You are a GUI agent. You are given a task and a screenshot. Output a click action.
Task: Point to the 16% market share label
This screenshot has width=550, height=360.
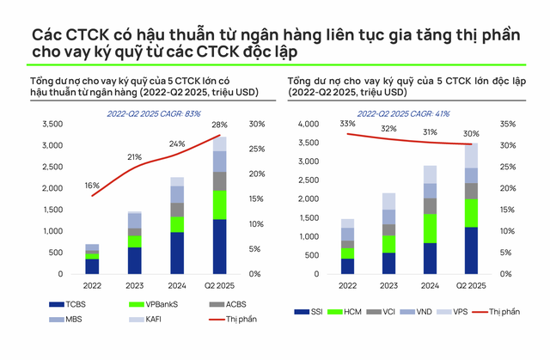point(92,186)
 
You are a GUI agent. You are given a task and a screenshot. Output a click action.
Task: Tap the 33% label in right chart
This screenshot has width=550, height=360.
point(347,125)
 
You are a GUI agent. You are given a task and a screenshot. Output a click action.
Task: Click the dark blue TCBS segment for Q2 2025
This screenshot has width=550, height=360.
point(221,246)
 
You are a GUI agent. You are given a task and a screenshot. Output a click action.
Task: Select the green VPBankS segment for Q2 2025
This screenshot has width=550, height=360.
point(221,205)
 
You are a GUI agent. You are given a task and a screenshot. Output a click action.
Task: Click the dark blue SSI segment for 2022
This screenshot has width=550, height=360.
point(347,265)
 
